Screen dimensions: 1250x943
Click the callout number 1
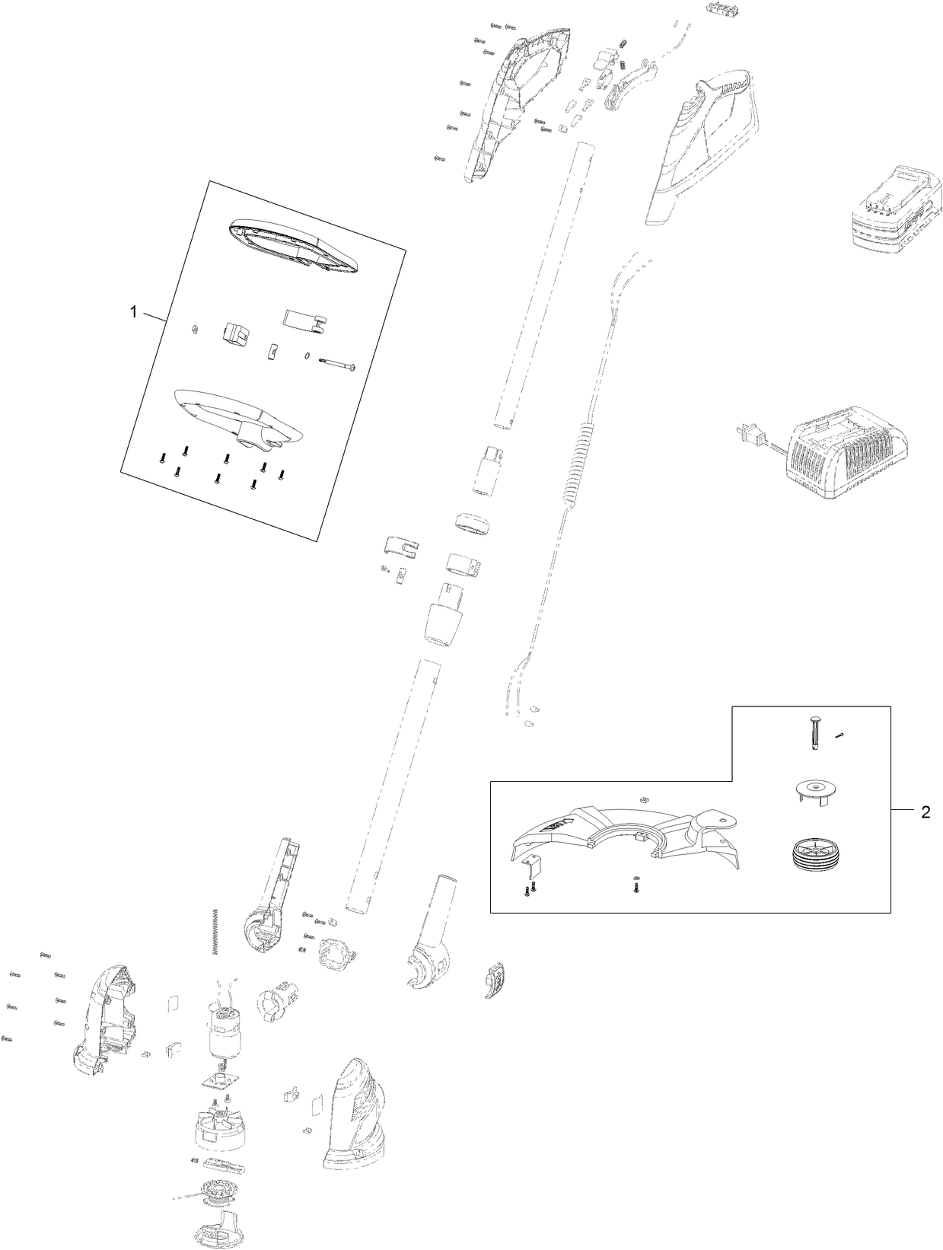[134, 312]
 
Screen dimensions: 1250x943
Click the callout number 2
[925, 812]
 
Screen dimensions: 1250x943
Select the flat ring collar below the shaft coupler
[472, 525]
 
